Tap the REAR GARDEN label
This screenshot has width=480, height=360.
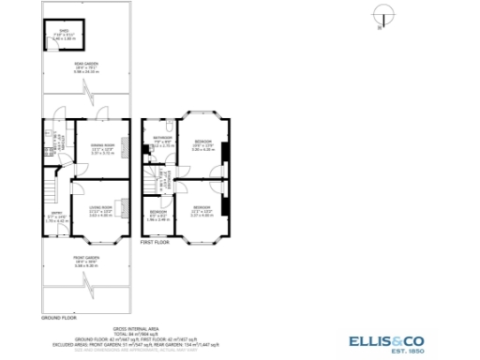86,66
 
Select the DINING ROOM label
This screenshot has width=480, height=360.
102,147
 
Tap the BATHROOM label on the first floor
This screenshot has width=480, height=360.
164,142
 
